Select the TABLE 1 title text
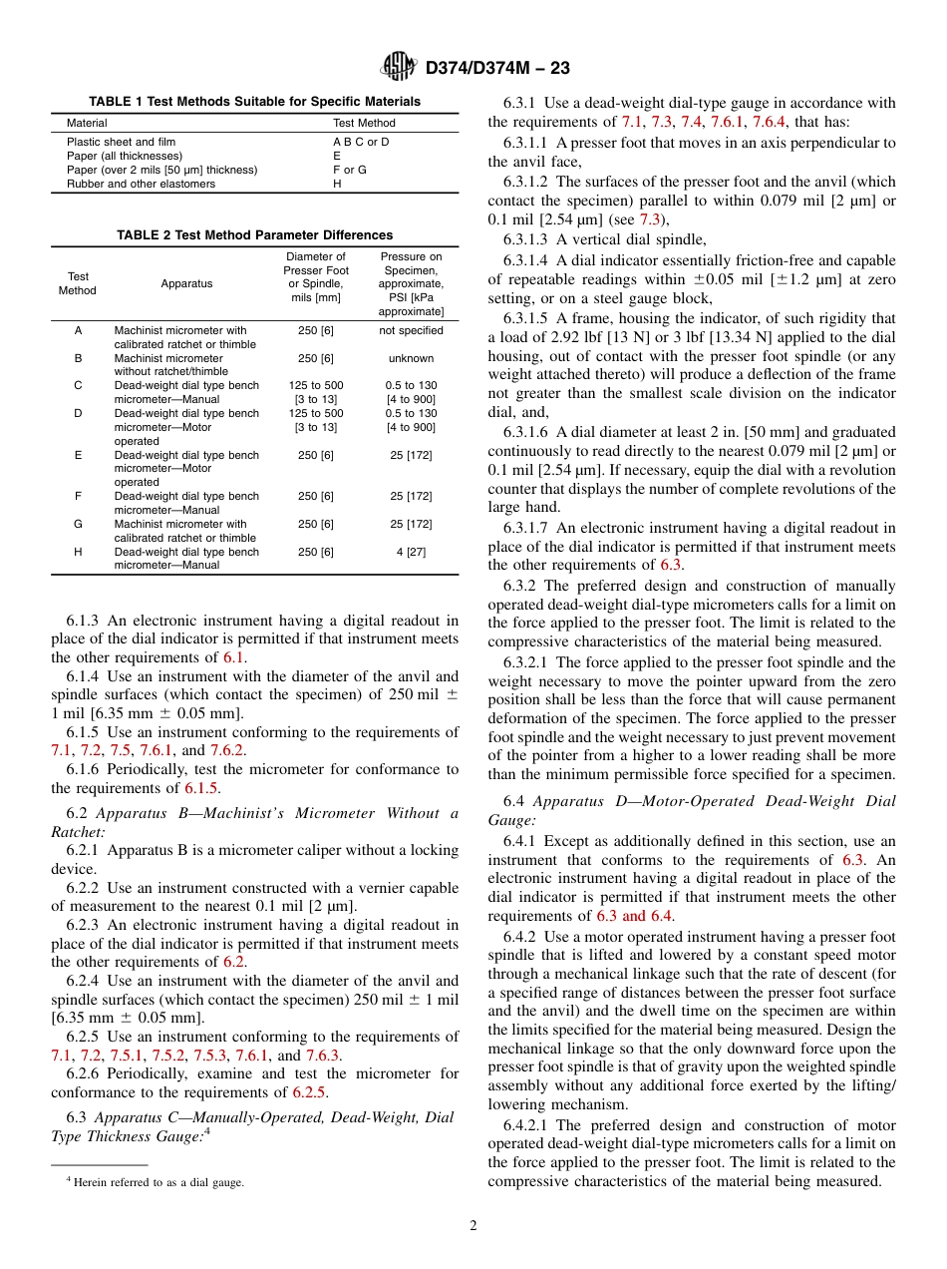[x=254, y=102]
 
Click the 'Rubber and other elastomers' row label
[x=141, y=185]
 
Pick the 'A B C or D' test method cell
[x=361, y=143]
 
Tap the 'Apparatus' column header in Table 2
[x=186, y=284]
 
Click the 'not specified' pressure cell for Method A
[x=411, y=331]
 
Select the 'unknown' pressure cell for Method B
[x=411, y=359]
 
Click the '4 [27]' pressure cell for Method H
[x=411, y=552]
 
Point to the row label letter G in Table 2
[x=78, y=524]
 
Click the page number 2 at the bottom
[x=473, y=1226]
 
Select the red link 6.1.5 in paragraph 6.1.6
[x=203, y=788]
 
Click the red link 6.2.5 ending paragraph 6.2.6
[x=310, y=1091]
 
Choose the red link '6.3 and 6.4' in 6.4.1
[x=635, y=916]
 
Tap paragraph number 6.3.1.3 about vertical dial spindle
[x=525, y=239]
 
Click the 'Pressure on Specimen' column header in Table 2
[x=411, y=284]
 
